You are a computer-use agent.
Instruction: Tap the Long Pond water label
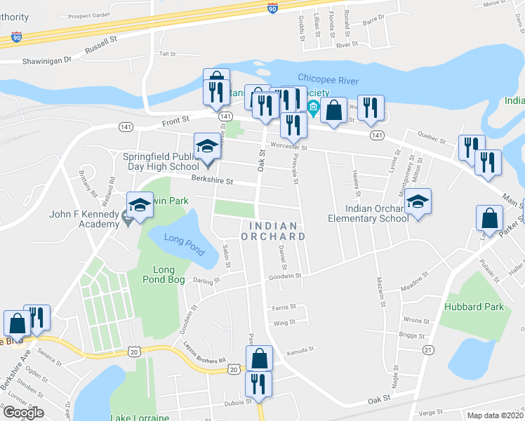[x=178, y=239]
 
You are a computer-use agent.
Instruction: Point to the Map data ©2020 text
[x=495, y=415]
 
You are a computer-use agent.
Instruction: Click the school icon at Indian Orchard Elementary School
[x=418, y=202]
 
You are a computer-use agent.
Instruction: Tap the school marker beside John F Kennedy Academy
[x=140, y=205]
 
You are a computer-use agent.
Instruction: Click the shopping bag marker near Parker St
[x=489, y=218]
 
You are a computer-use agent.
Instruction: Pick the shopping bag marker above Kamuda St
[x=260, y=357]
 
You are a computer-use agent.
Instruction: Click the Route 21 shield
[x=429, y=349]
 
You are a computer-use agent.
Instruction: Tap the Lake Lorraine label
[x=140, y=417]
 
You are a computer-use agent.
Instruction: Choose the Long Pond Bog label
[x=168, y=275]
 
